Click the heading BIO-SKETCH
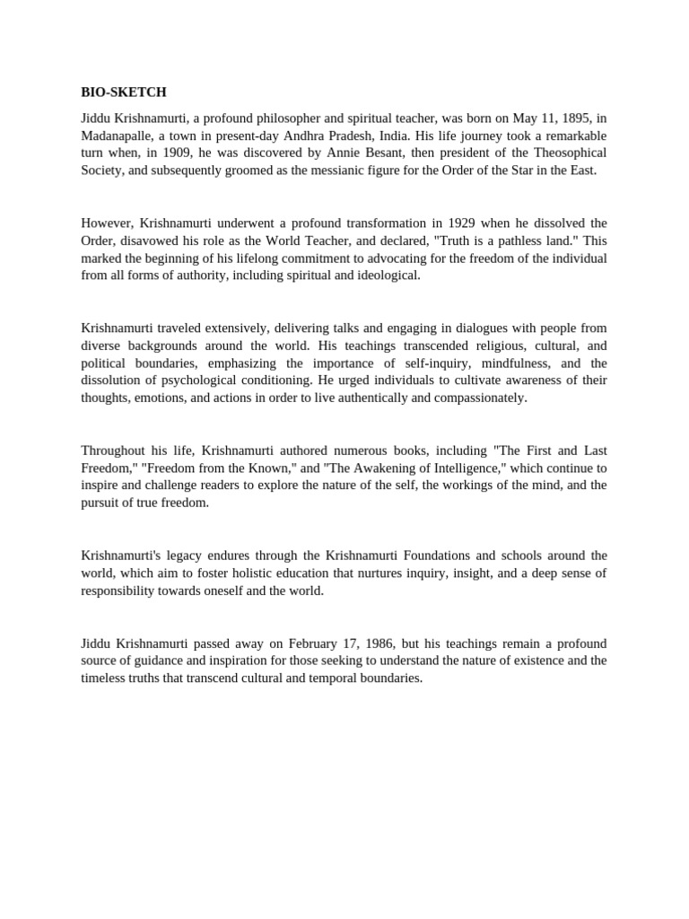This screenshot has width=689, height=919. (124, 92)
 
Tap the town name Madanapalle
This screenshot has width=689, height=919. (121, 136)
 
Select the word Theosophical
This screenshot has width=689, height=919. (564, 153)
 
